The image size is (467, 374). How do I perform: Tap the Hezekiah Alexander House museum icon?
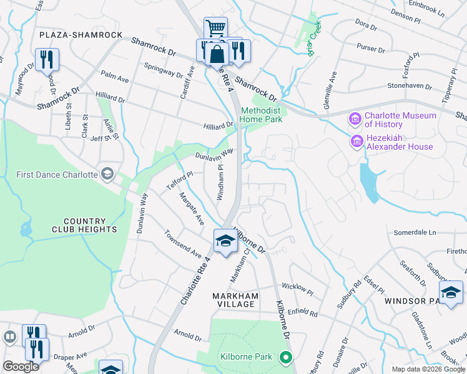(x=356, y=142)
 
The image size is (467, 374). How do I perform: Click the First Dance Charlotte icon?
(x=107, y=173)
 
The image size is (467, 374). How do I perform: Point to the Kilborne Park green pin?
(x=286, y=357)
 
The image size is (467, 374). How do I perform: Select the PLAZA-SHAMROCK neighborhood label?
(x=81, y=35)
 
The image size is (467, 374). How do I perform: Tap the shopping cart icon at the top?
(x=215, y=28)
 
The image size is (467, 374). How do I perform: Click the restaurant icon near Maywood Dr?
(x=47, y=60)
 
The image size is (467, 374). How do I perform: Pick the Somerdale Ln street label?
(x=415, y=233)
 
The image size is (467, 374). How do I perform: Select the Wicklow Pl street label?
(x=297, y=287)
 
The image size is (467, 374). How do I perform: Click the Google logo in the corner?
(x=21, y=367)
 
